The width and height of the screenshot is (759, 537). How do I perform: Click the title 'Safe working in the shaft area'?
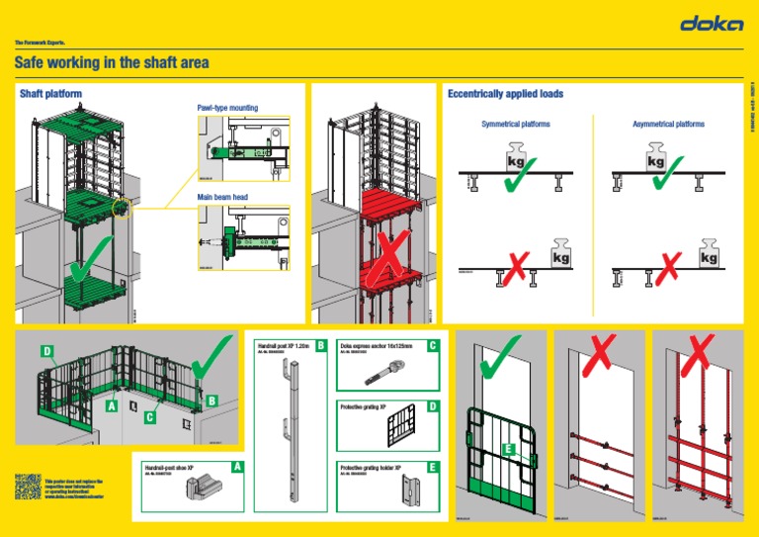coord(112,63)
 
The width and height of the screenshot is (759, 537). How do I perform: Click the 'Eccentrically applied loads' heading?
coord(505,94)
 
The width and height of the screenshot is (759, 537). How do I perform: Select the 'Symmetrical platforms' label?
coord(515,125)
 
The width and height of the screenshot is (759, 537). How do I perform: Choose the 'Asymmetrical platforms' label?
coord(668,125)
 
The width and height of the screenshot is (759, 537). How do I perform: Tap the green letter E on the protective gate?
coord(508,450)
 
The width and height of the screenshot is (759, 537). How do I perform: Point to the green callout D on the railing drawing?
coord(47,351)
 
